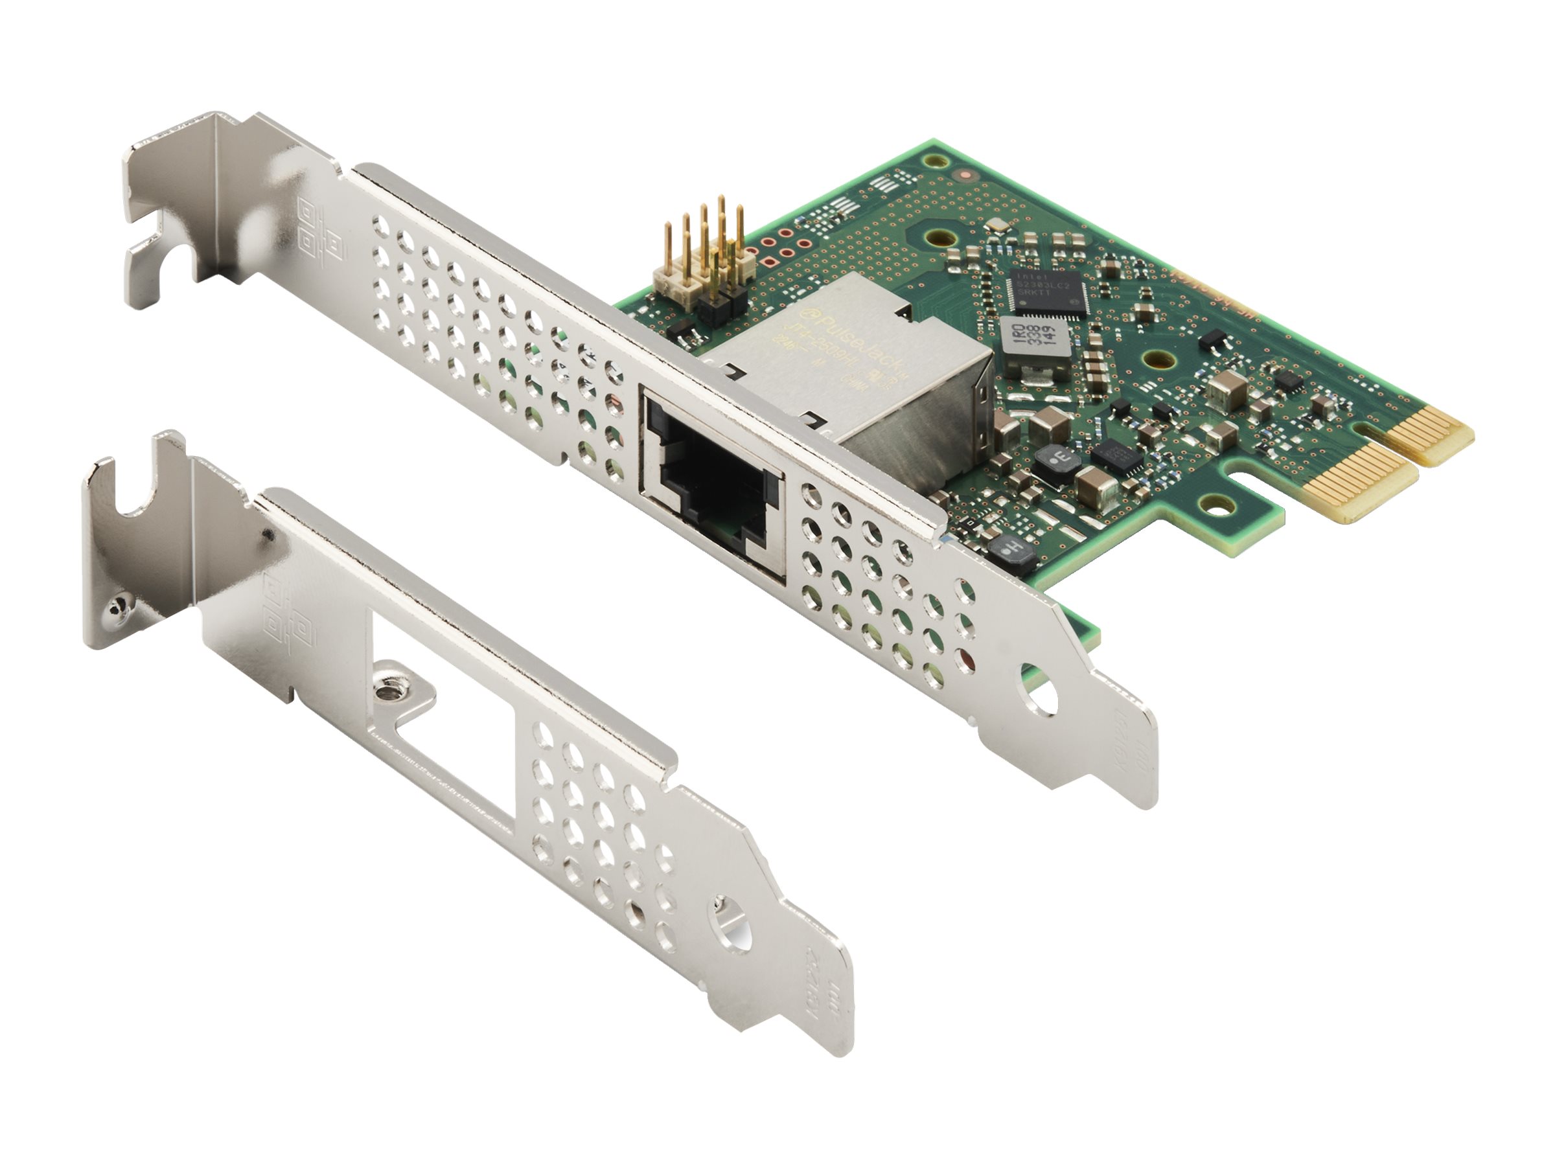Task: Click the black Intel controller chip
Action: (x=1048, y=290)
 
